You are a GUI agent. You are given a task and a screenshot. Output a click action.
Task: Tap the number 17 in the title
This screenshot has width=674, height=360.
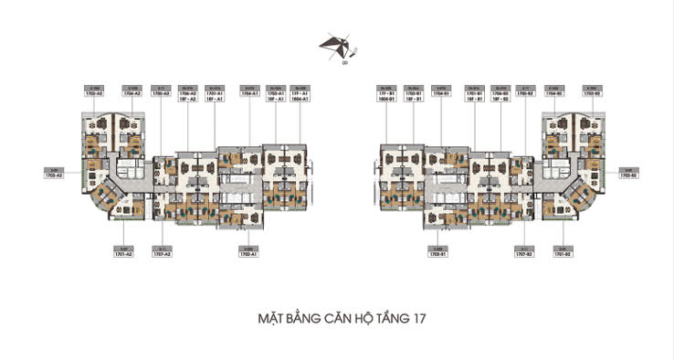click(x=416, y=320)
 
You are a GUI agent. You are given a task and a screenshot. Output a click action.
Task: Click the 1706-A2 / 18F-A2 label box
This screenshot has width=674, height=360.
click(x=189, y=93)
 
